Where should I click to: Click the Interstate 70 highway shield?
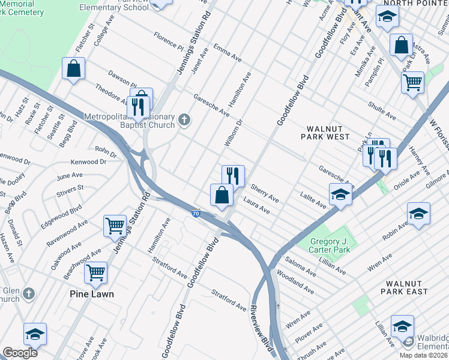coord(196,214)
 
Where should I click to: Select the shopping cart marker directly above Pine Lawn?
coord(95,274)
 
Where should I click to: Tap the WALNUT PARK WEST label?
coord(328,133)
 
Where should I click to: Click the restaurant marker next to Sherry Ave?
coord(233,176)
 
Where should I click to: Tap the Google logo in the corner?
coord(20,353)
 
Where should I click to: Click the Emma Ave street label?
coord(227,53)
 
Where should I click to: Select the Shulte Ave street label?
coord(382,110)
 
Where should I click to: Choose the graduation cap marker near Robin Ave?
coord(418,214)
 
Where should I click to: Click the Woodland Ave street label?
coord(295,282)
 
